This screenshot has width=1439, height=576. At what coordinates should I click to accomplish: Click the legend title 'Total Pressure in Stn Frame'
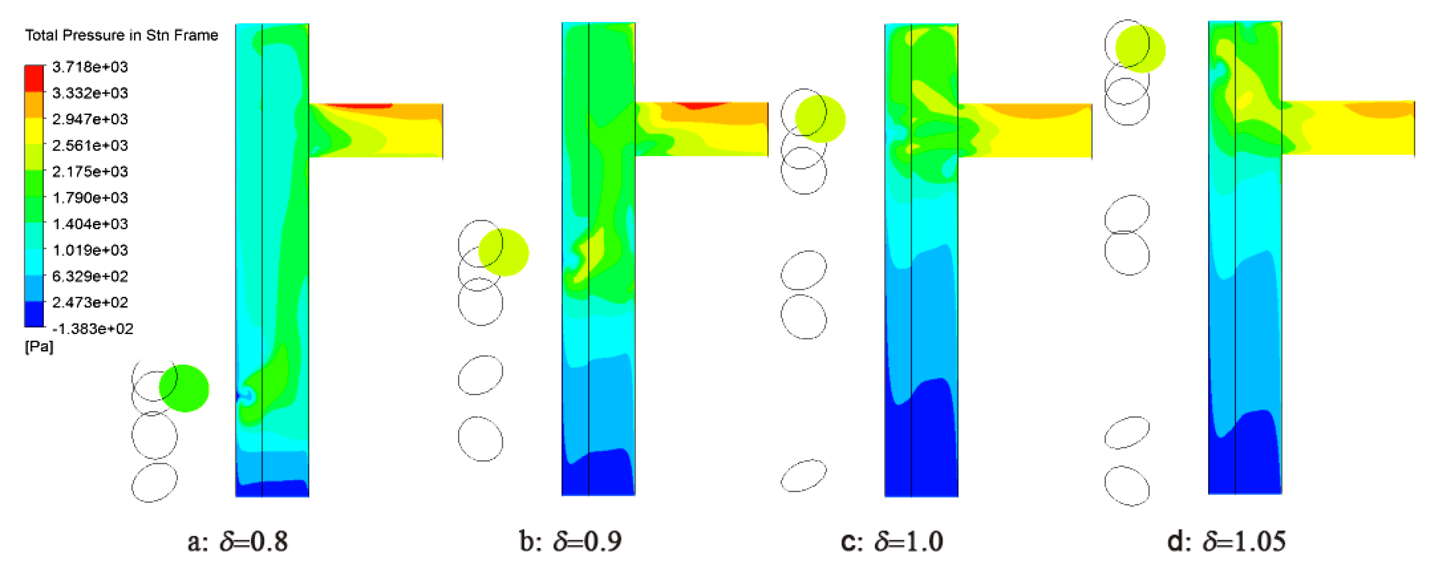tap(121, 35)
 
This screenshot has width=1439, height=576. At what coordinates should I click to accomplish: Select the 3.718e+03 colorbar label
tap(90, 67)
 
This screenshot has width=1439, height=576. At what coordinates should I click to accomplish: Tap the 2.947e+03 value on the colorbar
tap(90, 119)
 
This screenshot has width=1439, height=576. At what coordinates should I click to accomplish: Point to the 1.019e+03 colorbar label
tap(90, 250)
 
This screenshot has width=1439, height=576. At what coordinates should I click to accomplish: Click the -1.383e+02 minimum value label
tap(92, 329)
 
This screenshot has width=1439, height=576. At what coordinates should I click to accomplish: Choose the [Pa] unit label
tap(39, 347)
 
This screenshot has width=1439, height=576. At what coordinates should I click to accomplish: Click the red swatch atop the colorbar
tap(34, 78)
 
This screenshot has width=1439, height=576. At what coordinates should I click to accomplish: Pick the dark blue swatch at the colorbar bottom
tap(34, 314)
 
